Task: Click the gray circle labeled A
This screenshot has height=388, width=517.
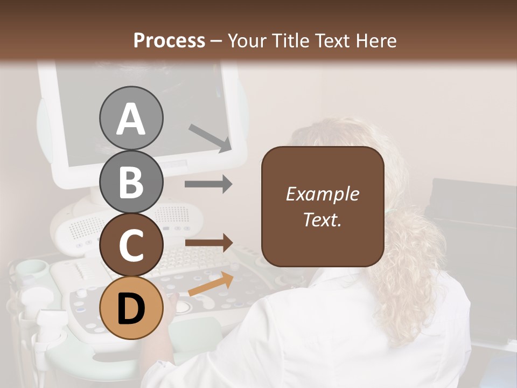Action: coord(131,119)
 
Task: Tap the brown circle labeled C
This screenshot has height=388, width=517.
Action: coord(131,245)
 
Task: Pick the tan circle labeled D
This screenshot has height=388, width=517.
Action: coord(131,308)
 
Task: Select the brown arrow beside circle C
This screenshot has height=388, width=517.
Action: coord(208,243)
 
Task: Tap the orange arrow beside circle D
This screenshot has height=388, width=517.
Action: coord(211,285)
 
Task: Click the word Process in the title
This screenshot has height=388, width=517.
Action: coord(169,40)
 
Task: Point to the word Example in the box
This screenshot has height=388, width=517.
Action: coord(322,194)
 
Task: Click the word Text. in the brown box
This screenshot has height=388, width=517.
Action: coord(322,219)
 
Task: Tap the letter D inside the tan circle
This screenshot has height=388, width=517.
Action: coord(131,309)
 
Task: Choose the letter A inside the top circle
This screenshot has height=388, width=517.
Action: coord(131,119)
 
